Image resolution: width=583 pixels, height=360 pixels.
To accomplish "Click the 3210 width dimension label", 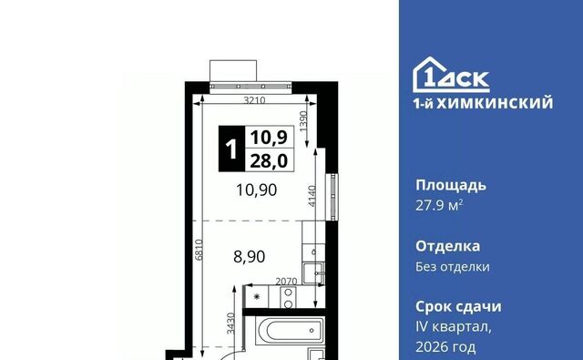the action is [254, 100].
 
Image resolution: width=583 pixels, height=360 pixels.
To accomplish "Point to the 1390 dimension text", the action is [303, 120].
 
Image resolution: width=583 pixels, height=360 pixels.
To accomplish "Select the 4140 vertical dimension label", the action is [312, 196].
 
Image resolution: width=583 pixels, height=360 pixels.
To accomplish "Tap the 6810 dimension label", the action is [199, 249].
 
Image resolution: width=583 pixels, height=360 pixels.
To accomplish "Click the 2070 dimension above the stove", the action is [286, 282].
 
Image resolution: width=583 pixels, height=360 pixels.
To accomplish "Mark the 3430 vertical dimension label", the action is [230, 324].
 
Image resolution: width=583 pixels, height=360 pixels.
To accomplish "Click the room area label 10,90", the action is [257, 190].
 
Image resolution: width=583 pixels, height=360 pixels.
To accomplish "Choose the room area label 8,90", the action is [249, 257].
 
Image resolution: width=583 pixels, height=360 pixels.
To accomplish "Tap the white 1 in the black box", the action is [231, 149].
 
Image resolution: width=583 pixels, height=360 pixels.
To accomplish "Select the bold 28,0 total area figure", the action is [269, 161].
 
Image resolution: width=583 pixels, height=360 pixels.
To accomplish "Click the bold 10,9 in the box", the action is [269, 138].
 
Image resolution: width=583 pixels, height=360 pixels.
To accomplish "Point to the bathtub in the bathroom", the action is [290, 330].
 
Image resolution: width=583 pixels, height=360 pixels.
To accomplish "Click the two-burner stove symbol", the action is [288, 297].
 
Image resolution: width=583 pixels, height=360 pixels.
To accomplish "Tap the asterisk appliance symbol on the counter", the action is [256, 297].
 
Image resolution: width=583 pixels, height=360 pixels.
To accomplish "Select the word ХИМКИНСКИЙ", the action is [495, 103].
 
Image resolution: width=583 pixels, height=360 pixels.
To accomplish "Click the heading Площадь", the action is [451, 185].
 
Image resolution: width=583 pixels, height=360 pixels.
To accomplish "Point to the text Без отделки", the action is [453, 267].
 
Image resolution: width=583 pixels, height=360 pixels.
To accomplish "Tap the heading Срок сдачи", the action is [458, 306].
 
